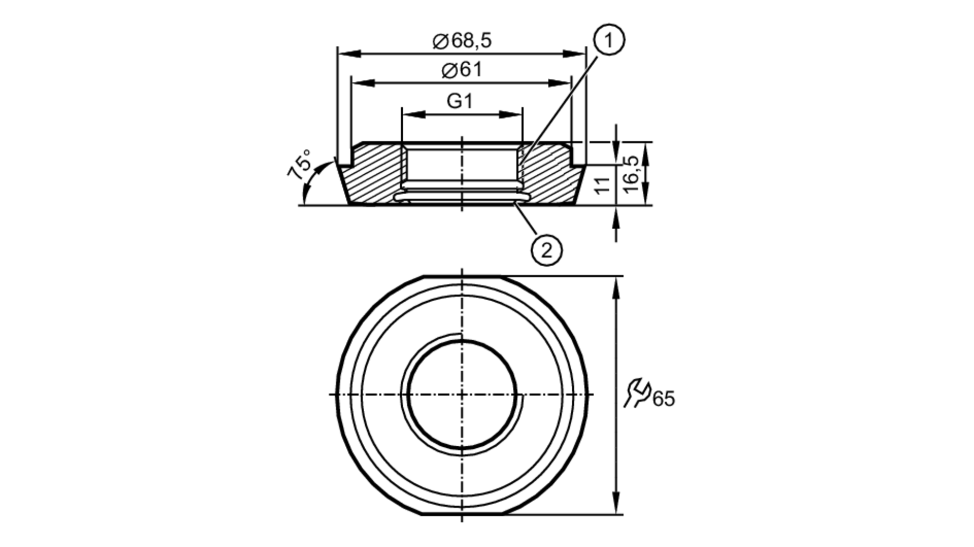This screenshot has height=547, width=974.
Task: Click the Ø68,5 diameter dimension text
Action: pos(462,41)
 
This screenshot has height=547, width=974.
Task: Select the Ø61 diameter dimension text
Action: pos(462,70)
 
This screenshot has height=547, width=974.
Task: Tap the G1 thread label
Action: pos(460,101)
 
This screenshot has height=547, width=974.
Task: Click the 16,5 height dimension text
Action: pos(631,174)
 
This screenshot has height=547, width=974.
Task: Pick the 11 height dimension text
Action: pos(602,185)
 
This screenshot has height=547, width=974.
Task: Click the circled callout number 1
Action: pos(609,40)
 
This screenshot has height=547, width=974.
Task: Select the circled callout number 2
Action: pos(546,251)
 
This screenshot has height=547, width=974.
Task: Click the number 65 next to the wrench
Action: pos(664,399)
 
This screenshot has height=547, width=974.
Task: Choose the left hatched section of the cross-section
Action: pos(373,173)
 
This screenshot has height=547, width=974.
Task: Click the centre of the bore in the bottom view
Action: pos(462,394)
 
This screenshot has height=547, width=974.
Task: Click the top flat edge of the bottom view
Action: pos(462,276)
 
